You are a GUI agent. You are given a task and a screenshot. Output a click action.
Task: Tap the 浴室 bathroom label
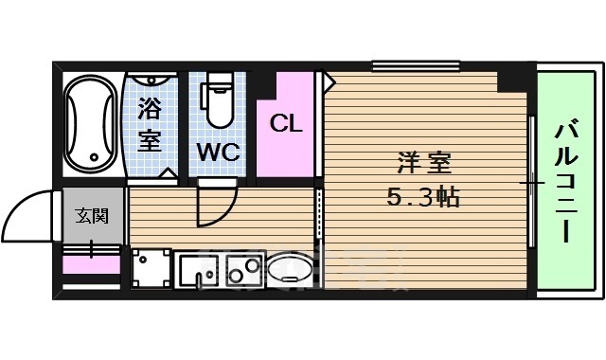click(150, 124)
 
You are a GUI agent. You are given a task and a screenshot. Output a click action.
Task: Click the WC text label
click(219, 152)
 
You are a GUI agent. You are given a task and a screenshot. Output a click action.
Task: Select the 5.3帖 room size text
click(422, 199)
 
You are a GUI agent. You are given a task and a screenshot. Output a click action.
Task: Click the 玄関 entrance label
click(92, 215)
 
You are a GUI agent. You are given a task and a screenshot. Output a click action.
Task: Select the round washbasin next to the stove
click(288, 271)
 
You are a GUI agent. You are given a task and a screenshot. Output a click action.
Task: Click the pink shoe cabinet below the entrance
click(92, 264)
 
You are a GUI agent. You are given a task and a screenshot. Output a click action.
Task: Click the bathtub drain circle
click(92, 156)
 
